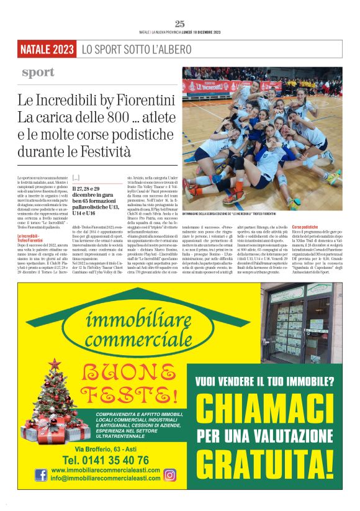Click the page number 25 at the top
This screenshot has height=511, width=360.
coord(180,24)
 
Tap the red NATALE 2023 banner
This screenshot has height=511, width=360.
coord(47,49)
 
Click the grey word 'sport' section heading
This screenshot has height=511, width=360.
coord(38,73)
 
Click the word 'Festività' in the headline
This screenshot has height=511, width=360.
coord(105,151)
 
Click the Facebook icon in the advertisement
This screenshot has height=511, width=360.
coord(41,475)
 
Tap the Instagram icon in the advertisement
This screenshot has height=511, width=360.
coord(169,475)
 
